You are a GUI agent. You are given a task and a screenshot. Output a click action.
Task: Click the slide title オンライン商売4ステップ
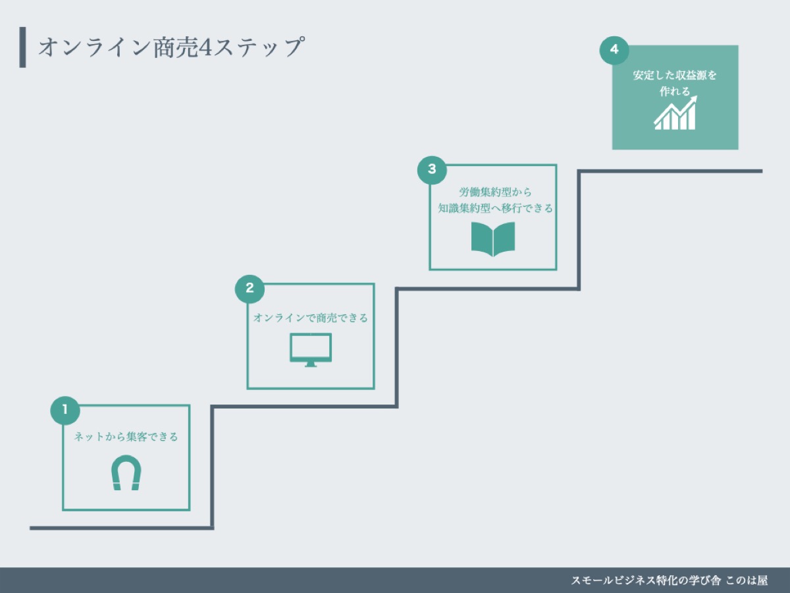(x=171, y=48)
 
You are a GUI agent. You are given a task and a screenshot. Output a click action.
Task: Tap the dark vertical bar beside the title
(x=23, y=47)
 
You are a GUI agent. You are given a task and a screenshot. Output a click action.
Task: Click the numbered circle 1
(x=65, y=410)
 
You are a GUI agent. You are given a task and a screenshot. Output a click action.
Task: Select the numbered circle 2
(x=250, y=288)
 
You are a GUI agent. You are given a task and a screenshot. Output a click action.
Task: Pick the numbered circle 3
(x=432, y=169)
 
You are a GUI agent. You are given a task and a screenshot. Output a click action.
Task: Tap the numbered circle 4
(x=614, y=50)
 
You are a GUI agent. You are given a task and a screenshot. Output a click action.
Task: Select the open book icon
(x=493, y=239)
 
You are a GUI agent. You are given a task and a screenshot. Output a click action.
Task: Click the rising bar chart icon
(x=675, y=114)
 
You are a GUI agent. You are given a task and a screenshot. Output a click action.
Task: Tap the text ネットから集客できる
(x=126, y=437)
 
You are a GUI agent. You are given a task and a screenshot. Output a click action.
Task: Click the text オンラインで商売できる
(x=311, y=318)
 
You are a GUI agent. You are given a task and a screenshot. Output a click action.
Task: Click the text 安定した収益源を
(x=675, y=75)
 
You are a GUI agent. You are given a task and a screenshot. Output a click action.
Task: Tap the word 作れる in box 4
(x=675, y=92)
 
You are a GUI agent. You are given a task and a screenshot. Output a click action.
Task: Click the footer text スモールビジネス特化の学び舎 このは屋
(x=669, y=580)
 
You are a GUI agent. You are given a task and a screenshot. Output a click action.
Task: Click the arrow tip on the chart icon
(x=695, y=100)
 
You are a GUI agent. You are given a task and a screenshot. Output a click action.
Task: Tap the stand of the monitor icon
(x=311, y=364)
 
